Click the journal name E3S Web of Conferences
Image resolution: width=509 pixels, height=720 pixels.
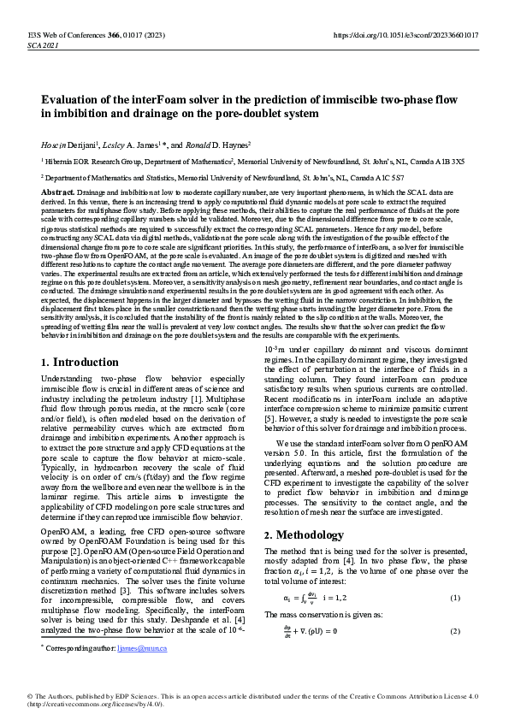coord(60,35)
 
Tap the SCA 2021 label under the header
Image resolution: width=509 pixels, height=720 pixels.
coord(43,44)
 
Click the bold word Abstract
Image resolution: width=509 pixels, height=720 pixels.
coord(57,193)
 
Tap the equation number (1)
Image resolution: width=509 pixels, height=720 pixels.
coord(455,597)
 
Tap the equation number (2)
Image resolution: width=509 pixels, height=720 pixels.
coord(455,631)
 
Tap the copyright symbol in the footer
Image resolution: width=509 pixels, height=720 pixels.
coord(30,697)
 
